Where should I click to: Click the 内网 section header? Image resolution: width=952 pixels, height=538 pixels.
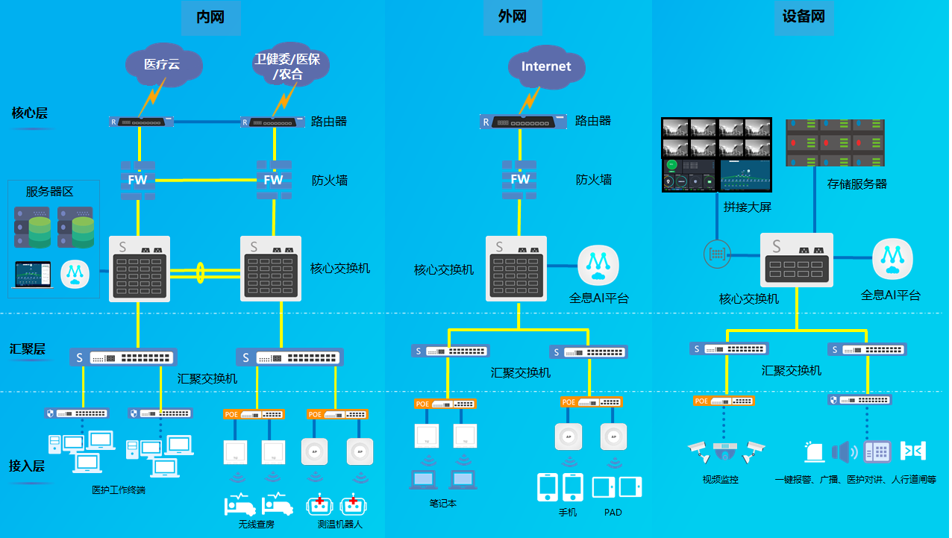pyautogui.click(x=210, y=17)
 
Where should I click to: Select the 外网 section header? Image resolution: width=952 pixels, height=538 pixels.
pyautogui.click(x=512, y=17)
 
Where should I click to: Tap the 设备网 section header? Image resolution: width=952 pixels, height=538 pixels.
pyautogui.click(x=804, y=17)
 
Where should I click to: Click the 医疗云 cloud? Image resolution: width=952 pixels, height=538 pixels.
pyautogui.click(x=163, y=65)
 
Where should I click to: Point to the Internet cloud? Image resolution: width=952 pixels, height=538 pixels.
pyautogui.click(x=545, y=66)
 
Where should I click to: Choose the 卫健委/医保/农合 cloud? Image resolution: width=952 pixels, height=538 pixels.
pyautogui.click(x=287, y=66)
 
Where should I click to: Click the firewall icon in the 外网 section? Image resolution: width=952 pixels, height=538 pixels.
pyautogui.click(x=520, y=179)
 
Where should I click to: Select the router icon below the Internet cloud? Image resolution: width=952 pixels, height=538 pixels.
pyautogui.click(x=522, y=121)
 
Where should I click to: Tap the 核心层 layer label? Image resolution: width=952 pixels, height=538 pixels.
pyautogui.click(x=30, y=113)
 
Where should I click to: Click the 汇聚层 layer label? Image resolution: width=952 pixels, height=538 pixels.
pyautogui.click(x=28, y=349)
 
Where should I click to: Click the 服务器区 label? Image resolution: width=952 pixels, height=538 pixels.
pyautogui.click(x=50, y=192)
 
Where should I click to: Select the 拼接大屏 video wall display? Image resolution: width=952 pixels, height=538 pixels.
pyautogui.click(x=716, y=154)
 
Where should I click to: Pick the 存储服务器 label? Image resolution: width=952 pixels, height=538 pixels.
pyautogui.click(x=857, y=184)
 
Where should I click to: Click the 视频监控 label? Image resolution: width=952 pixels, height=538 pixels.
pyautogui.click(x=721, y=480)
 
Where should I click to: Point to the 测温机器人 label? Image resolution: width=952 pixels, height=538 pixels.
pyautogui.click(x=339, y=524)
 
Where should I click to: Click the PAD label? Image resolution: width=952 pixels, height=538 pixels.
pyautogui.click(x=613, y=513)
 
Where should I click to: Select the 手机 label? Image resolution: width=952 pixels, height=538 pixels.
pyautogui.click(x=568, y=513)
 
